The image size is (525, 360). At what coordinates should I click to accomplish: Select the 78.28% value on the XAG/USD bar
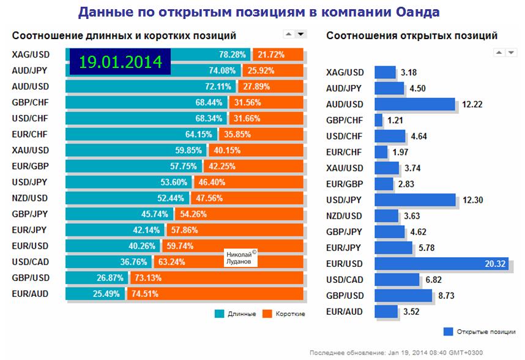pyautogui.click(x=232, y=54)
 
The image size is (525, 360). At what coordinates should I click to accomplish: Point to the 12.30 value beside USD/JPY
pyautogui.click(x=474, y=200)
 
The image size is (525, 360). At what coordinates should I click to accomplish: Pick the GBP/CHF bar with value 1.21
pyautogui.click(x=379, y=120)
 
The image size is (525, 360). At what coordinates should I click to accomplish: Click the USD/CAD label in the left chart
pyautogui.click(x=30, y=261)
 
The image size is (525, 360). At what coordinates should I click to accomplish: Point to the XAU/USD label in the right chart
pyautogui.click(x=344, y=168)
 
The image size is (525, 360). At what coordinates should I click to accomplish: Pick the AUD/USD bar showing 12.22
pyautogui.click(x=415, y=104)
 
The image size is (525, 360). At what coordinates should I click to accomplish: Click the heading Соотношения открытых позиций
pyautogui.click(x=411, y=36)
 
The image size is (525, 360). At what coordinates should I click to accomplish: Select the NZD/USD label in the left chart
pyautogui.click(x=30, y=198)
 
